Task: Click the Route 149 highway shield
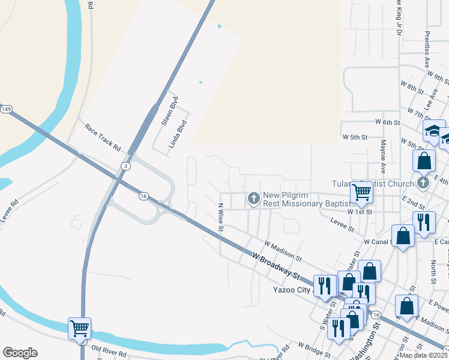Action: click(x=6, y=109)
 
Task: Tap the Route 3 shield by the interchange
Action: click(x=125, y=165)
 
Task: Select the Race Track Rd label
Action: click(x=103, y=137)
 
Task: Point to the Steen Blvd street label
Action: click(x=166, y=111)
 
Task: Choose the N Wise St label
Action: click(x=220, y=217)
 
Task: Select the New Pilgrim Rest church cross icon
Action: click(x=253, y=197)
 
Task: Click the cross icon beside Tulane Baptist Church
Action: click(x=423, y=182)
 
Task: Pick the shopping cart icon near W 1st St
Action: click(x=362, y=192)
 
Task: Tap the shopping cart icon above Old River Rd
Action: click(x=79, y=328)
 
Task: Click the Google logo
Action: click(x=20, y=353)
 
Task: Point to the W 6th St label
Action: click(x=387, y=122)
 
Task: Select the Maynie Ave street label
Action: click(x=382, y=154)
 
